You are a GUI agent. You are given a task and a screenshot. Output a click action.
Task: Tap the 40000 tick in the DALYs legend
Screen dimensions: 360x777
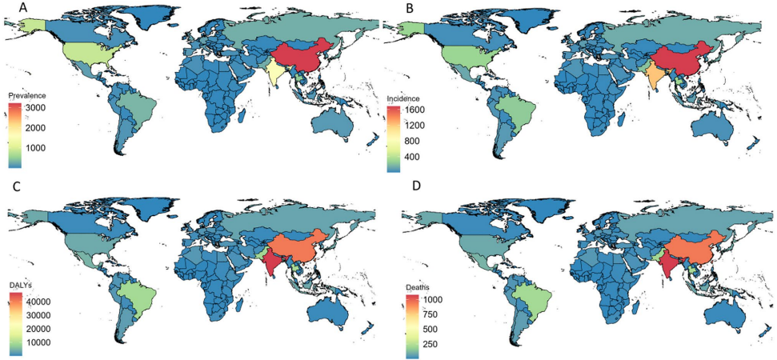44,302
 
